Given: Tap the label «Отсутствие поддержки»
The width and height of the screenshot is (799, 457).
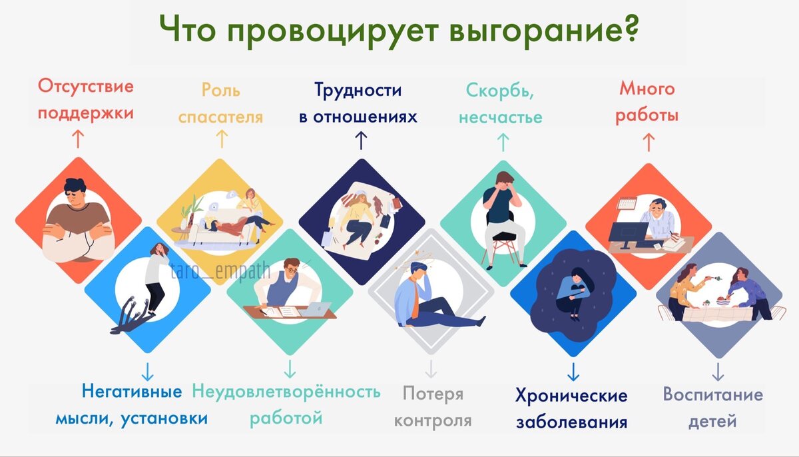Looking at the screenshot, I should coord(86,100).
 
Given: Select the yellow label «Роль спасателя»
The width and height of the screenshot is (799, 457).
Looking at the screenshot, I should coord(220,104).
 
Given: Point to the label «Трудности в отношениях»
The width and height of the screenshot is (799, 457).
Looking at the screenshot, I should coord(358,104).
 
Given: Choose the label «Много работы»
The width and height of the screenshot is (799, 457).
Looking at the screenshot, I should coord(647,102).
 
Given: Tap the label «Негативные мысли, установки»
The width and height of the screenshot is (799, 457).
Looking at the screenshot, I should coord(131,406).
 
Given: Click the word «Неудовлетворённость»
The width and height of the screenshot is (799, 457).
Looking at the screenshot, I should coord(286,391).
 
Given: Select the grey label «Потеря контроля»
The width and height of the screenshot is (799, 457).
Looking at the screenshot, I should coord(433,407).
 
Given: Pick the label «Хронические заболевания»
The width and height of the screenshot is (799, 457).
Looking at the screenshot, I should coord(571,408).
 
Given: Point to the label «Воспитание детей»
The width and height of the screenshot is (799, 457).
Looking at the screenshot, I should coord(712,407).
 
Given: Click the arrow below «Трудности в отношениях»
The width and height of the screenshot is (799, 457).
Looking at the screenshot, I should coord(361,140).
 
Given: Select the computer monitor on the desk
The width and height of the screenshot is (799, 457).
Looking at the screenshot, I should coord(628,233).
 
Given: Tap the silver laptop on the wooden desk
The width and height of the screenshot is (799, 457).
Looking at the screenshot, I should coord(318,309).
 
